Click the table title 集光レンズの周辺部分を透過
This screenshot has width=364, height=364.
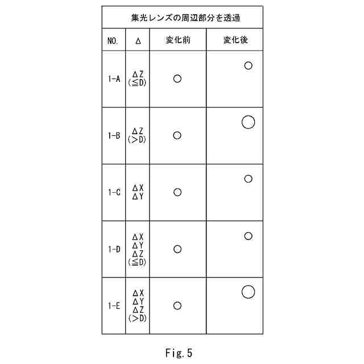tap(182, 18)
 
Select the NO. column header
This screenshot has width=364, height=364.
tap(113, 41)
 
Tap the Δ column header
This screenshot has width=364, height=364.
tap(138, 41)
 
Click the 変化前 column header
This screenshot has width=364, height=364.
tap(177, 40)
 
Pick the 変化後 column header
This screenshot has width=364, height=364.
tap(234, 40)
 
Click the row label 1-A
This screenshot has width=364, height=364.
tap(114, 79)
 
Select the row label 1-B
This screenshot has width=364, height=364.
tap(114, 136)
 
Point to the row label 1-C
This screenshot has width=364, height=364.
tap(114, 192)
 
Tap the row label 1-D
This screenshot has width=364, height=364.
tap(114, 249)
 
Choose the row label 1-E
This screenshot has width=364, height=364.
tap(114, 306)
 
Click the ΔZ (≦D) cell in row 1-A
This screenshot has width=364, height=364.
tap(138, 78)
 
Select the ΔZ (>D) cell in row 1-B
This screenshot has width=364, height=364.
tap(138, 135)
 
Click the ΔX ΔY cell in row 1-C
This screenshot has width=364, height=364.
tap(138, 192)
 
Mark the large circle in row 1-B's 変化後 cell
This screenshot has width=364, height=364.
tap(248, 122)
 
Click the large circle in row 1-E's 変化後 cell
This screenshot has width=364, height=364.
tap(248, 292)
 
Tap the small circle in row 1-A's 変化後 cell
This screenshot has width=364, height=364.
tap(248, 65)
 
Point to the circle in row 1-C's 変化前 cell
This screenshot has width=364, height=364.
tap(177, 192)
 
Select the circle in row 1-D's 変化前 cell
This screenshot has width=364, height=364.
tap(177, 249)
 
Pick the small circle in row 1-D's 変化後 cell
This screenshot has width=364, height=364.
tap(248, 236)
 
